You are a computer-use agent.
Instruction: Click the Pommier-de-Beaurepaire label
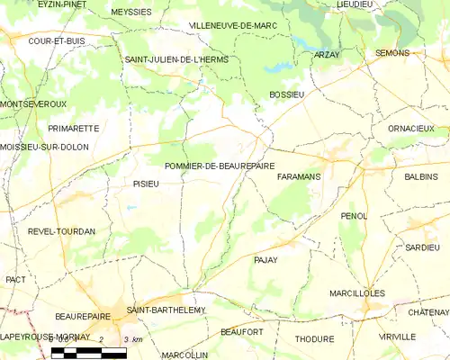click(x=220, y=166)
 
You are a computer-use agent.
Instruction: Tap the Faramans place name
click(x=300, y=176)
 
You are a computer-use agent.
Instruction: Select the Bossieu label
click(x=288, y=94)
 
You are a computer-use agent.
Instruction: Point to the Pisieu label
click(x=139, y=183)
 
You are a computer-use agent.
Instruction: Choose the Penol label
click(x=355, y=216)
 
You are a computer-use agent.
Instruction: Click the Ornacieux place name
click(x=411, y=129)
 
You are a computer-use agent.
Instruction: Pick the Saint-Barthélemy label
click(x=166, y=310)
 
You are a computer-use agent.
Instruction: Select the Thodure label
click(x=314, y=339)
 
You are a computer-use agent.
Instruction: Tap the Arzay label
click(x=327, y=54)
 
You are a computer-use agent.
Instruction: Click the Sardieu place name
click(x=422, y=247)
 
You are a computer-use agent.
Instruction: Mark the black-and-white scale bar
click(x=89, y=353)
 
